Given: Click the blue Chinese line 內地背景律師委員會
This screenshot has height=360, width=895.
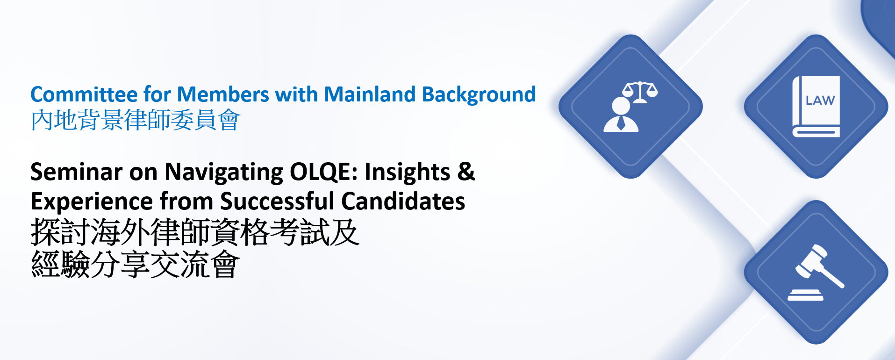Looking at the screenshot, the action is coord(135,120).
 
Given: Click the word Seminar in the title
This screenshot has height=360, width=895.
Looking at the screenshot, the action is coord(76,172).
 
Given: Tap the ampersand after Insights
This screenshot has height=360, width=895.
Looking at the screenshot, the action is coord(466,172).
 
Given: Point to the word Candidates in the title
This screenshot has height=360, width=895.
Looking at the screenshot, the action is coord(403,202).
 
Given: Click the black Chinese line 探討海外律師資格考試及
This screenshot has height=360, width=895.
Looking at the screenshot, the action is coord(195,232).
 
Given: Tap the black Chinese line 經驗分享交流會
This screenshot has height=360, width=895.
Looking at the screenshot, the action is coord(135,264).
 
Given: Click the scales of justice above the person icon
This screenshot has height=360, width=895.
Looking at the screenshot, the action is coord(640,92).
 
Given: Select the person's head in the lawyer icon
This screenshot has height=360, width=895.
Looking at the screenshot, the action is coord(621,106).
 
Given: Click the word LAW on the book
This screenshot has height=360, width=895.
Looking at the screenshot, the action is coord(820,101).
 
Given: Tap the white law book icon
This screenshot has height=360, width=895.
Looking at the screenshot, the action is coord(816,107).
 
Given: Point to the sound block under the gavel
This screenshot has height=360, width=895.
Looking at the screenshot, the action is coord(805,295).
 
